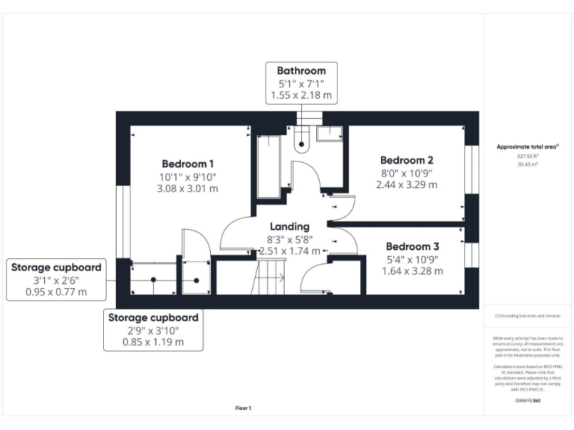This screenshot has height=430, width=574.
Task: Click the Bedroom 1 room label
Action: (x=188, y=163)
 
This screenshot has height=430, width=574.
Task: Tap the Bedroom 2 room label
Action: (x=407, y=160)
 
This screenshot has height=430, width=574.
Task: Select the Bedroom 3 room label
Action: (x=412, y=246)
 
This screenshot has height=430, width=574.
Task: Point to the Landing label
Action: (x=289, y=226)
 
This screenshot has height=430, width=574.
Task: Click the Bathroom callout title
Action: (x=302, y=71)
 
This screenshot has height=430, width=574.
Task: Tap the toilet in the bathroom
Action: (x=302, y=141)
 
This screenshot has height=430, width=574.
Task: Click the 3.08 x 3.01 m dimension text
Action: (x=188, y=189)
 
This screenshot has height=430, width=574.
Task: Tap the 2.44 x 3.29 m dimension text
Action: (x=407, y=184)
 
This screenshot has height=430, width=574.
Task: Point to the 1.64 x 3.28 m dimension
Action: (x=412, y=271)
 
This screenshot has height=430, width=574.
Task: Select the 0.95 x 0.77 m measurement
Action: (x=56, y=291)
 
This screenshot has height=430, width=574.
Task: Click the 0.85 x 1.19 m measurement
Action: (x=153, y=343)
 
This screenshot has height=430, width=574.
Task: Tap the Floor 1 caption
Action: (x=244, y=408)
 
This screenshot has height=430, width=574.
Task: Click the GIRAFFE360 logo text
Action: (x=528, y=401)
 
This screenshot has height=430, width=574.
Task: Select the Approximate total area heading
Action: (x=527, y=147)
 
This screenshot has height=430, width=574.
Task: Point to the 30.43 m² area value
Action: (x=527, y=163)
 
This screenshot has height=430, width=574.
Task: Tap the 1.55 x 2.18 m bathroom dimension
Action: (x=302, y=96)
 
